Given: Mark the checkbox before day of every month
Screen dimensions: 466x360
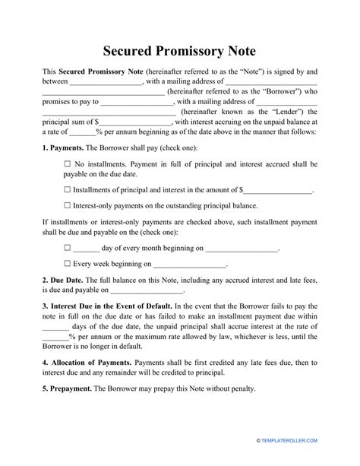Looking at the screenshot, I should point(68,248).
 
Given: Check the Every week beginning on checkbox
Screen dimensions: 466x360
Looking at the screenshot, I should point(68,265).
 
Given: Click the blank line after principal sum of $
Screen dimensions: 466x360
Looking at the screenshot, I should point(135,121).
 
